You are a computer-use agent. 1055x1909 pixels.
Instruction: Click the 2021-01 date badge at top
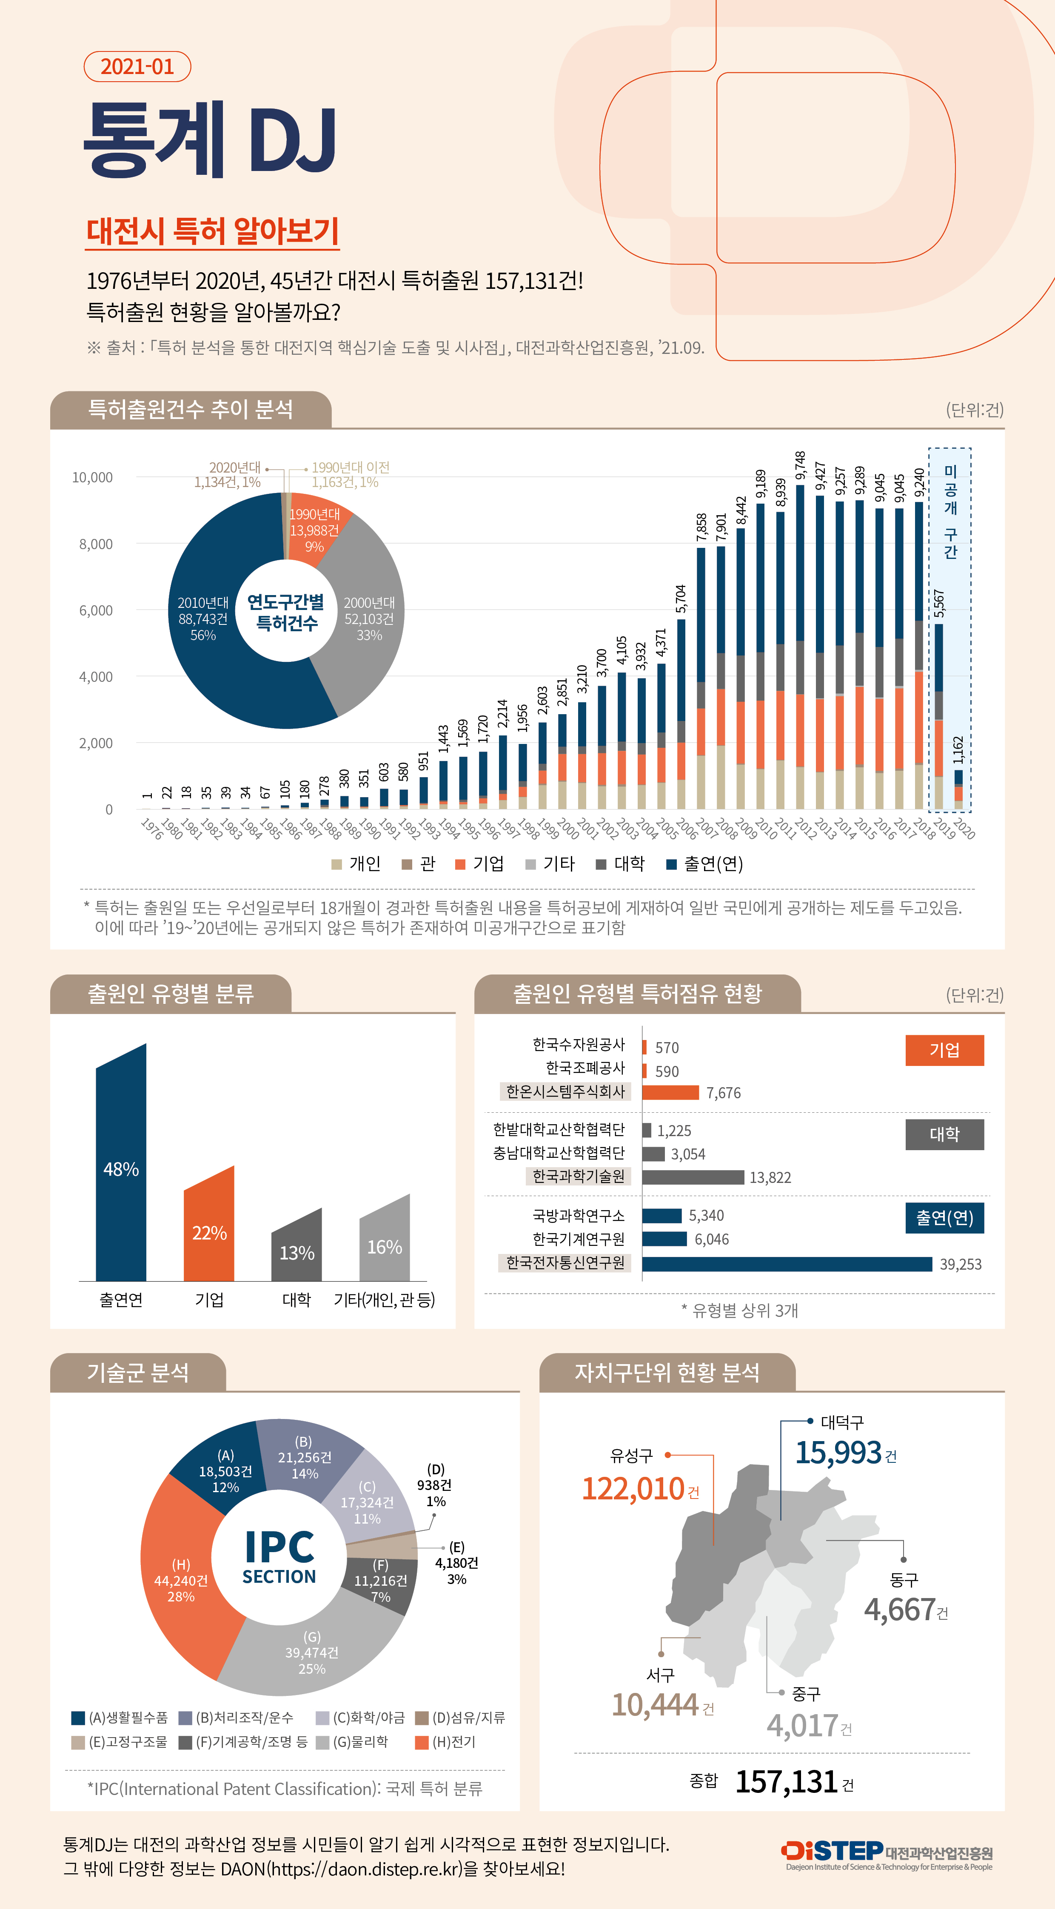tap(137, 67)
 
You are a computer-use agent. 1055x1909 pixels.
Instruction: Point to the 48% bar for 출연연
tap(121, 1169)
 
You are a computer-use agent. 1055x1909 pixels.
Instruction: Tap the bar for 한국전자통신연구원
tap(786, 1264)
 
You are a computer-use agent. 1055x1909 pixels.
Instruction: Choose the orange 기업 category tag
tap(944, 1050)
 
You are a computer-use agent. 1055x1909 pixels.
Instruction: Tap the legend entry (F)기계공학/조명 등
tap(245, 1741)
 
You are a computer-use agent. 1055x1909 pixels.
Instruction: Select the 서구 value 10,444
tap(656, 1704)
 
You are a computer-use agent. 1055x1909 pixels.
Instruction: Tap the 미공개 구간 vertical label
tap(950, 511)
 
